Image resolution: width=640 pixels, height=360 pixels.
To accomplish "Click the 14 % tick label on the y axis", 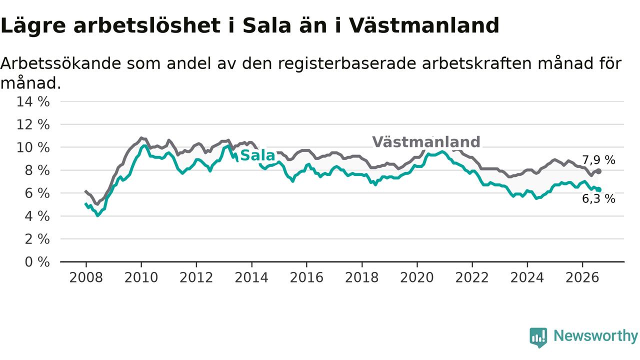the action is click(x=33, y=101).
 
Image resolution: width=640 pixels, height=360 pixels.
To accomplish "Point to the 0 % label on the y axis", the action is click(x=37, y=262).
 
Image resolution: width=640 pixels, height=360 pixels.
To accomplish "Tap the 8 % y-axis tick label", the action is click(x=37, y=170).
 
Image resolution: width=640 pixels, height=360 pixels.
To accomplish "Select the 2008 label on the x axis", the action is click(x=86, y=277).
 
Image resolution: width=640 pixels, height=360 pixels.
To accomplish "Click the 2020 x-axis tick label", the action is click(x=417, y=277).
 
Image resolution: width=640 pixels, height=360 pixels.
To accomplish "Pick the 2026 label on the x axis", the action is click(x=582, y=277).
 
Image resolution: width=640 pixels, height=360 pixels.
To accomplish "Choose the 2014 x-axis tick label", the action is click(x=251, y=277).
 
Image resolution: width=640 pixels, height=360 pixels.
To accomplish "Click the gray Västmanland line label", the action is click(x=426, y=142).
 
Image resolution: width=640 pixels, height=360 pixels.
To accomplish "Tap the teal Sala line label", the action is click(x=257, y=155).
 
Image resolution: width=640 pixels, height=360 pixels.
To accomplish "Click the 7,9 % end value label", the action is click(x=598, y=160).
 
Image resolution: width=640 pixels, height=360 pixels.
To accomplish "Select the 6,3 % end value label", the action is click(x=598, y=199).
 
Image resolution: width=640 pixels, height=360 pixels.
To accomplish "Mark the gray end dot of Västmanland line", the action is click(x=599, y=171).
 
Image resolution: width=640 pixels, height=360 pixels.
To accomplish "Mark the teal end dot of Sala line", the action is click(x=599, y=189).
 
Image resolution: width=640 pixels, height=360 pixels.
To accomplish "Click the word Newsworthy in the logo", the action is click(x=595, y=336).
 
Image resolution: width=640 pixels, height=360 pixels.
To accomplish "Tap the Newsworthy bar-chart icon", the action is click(x=538, y=337).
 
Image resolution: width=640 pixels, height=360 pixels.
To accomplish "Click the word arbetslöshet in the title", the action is click(x=147, y=25).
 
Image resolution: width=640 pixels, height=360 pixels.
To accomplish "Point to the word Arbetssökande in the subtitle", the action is click(x=61, y=63).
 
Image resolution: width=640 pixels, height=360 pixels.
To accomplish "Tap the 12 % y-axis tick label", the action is click(x=33, y=125).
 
